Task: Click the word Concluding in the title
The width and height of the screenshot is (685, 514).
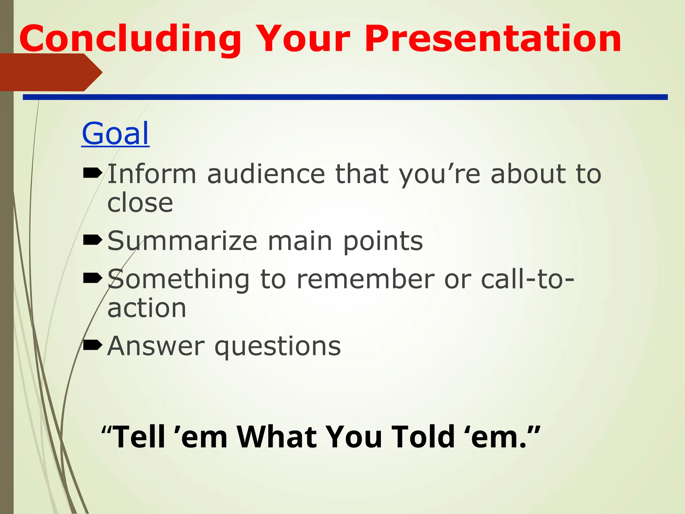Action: coord(130,39)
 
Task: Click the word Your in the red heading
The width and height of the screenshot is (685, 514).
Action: coord(303,39)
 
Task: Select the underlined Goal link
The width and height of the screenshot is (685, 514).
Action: coord(115,134)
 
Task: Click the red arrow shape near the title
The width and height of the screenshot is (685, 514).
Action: coord(50,72)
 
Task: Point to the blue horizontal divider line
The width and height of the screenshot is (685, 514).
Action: coord(345,97)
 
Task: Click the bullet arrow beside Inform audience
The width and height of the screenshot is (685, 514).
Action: coord(92,173)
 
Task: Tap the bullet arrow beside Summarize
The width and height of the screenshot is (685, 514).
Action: coord(92,240)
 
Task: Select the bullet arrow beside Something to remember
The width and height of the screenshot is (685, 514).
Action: coord(92,278)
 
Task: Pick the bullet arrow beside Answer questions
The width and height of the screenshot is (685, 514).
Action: coord(92,345)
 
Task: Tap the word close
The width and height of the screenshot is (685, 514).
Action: coord(140,203)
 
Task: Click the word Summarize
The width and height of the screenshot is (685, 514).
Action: coord(182,241)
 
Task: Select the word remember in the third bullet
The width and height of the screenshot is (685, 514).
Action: coord(366,279)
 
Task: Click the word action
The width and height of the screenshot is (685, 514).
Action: coord(146,308)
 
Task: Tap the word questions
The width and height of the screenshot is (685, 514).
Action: coord(278,347)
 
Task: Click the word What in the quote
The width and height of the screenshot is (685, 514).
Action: coord(277,437)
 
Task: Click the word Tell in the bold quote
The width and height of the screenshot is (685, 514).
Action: coord(139,437)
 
